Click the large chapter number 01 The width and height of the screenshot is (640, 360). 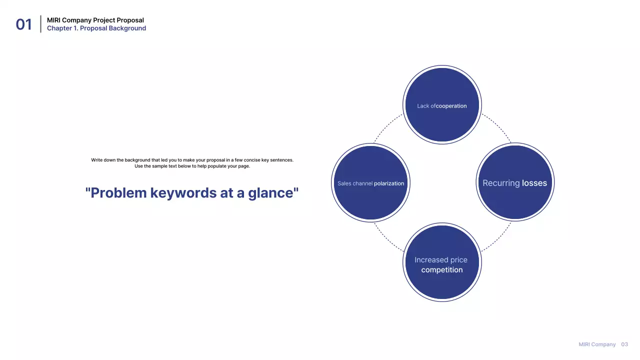[23, 24]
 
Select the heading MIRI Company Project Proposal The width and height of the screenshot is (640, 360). [95, 20]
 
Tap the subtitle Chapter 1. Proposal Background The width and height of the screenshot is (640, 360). [96, 28]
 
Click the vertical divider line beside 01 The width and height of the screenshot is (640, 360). [41, 24]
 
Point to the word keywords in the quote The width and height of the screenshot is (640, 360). [183, 193]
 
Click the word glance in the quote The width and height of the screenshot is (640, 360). [273, 193]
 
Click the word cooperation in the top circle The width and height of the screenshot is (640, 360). [451, 106]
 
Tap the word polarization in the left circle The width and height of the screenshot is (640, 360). [389, 183]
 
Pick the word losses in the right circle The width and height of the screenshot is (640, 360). [534, 183]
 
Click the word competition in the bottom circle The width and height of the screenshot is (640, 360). [442, 269]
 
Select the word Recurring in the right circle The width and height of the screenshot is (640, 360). [501, 183]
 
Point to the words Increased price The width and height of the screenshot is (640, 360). [441, 259]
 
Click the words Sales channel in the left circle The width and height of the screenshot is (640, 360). [355, 183]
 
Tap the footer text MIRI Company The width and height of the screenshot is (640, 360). [597, 344]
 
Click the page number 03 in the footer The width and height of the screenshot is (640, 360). [624, 344]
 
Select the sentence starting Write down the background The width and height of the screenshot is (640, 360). [192, 160]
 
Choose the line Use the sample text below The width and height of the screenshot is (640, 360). [192, 166]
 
